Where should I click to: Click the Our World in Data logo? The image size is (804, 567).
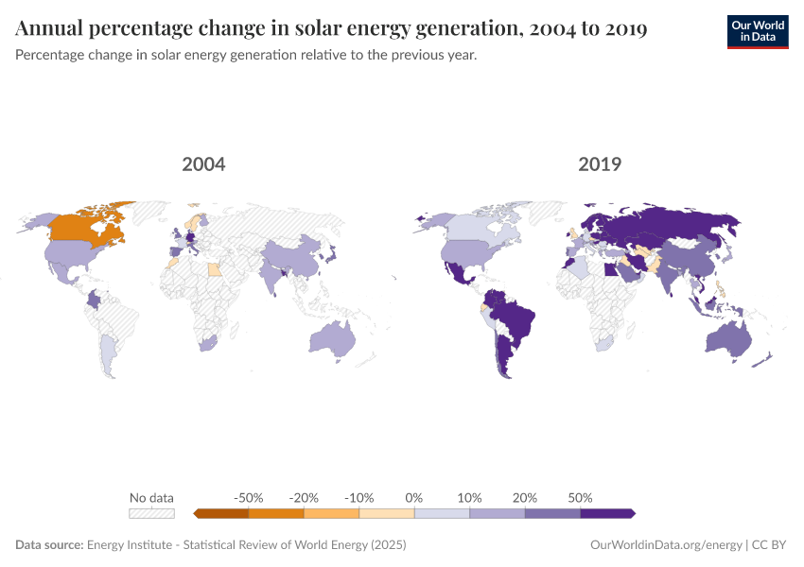tap(757, 31)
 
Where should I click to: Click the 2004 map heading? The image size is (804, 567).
tap(203, 164)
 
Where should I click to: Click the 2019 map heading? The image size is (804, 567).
tap(600, 164)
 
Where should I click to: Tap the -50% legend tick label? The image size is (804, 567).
tap(249, 497)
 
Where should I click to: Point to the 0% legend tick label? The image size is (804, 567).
tap(414, 497)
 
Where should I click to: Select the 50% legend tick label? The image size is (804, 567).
tap(580, 497)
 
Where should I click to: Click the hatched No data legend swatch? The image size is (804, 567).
tap(151, 513)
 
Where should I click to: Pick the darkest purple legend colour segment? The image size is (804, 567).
tap(606, 513)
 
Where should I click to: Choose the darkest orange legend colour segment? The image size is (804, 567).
tap(221, 513)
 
